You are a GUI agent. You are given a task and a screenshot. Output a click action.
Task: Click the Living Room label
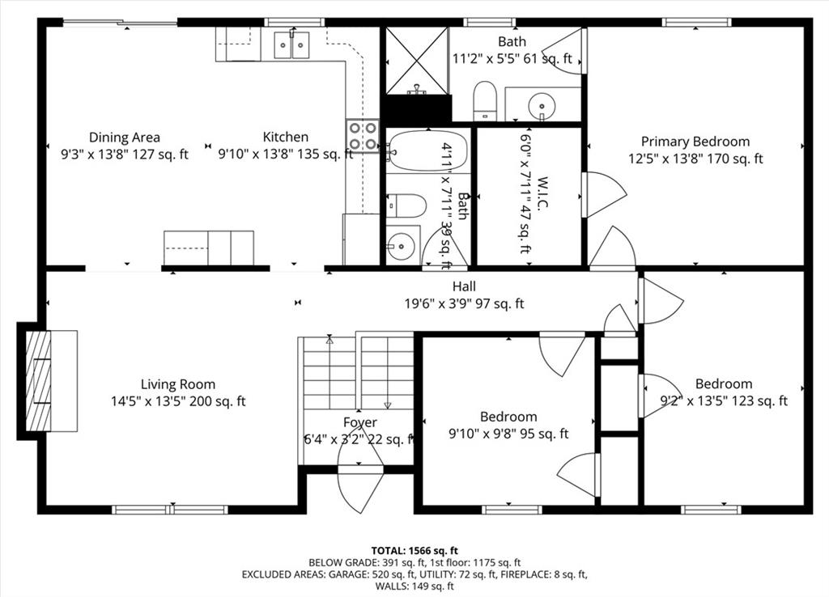pyautogui.click(x=177, y=384)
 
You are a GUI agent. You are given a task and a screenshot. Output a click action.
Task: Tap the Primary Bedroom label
pyautogui.click(x=695, y=142)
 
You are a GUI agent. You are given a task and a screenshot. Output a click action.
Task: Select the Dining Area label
pyautogui.click(x=124, y=138)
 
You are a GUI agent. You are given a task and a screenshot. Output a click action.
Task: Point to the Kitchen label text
pyautogui.click(x=286, y=137)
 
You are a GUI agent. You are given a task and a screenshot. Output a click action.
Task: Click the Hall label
pyautogui.click(x=464, y=286)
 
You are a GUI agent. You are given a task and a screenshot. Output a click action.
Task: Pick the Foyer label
pyautogui.click(x=360, y=422)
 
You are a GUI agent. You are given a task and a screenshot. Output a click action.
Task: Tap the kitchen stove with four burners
pyautogui.click(x=363, y=136)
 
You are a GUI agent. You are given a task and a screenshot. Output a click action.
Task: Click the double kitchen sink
pyautogui.click(x=291, y=45)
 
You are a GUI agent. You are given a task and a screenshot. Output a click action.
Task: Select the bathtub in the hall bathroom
pyautogui.click(x=427, y=150)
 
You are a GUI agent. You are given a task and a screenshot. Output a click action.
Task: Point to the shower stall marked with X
pyautogui.click(x=417, y=60)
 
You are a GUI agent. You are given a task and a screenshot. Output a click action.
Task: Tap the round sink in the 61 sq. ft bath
pyautogui.click(x=542, y=105)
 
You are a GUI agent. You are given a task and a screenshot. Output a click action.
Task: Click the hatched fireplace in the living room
pyautogui.click(x=39, y=380)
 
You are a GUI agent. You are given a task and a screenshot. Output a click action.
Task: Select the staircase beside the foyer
pyautogui.click(x=357, y=372)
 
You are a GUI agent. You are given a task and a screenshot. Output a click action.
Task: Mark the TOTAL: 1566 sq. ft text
pyautogui.click(x=414, y=551)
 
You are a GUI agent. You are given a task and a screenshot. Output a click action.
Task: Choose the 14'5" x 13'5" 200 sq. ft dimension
pyautogui.click(x=178, y=401)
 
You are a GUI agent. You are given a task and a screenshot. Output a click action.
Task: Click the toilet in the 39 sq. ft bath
pyautogui.click(x=406, y=205)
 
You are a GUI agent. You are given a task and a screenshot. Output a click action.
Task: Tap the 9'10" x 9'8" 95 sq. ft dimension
pyautogui.click(x=508, y=434)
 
